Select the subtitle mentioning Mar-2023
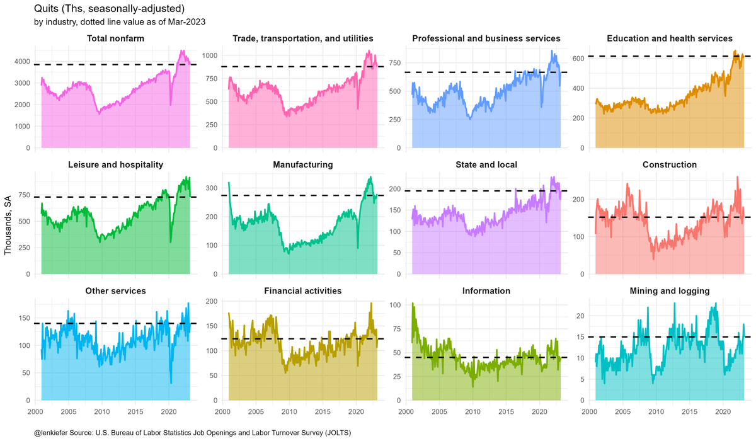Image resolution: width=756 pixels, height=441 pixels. [x=120, y=22]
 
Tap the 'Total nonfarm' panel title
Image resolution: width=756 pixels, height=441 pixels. [x=115, y=39]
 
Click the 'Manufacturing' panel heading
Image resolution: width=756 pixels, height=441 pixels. [x=302, y=165]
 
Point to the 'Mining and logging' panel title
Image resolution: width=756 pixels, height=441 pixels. [x=670, y=291]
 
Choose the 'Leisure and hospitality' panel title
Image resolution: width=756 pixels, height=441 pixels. [x=115, y=165]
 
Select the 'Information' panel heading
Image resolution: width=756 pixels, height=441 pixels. [x=486, y=291]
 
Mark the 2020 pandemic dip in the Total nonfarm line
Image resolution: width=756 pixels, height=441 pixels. [x=171, y=105]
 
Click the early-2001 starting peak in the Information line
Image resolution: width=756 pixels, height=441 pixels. [x=413, y=304]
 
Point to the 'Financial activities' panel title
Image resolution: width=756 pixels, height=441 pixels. [x=302, y=291]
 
